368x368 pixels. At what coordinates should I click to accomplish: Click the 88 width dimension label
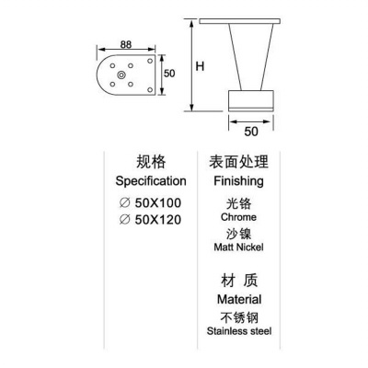126,44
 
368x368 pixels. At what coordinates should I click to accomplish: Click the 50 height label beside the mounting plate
169,74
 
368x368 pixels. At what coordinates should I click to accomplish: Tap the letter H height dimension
200,66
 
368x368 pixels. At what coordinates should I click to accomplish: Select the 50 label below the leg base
251,132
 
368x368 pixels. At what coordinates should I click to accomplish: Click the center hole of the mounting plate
121,75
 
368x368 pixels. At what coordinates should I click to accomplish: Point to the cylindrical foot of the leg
251,100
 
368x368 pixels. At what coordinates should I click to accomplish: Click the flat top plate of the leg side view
240,21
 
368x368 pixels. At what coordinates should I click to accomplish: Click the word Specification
151,181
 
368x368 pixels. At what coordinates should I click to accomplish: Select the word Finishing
238,181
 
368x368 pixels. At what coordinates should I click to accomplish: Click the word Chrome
238,217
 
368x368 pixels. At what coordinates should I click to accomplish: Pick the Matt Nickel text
238,247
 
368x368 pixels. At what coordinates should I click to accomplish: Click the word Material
239,299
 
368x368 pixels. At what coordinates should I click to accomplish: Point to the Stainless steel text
239,331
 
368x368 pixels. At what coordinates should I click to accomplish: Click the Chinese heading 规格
151,162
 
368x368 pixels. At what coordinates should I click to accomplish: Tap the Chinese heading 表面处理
238,162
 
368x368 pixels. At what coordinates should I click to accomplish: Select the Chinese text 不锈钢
239,318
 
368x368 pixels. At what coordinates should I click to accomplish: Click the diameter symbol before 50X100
124,203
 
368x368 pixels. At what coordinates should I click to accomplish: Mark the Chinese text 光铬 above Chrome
238,203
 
